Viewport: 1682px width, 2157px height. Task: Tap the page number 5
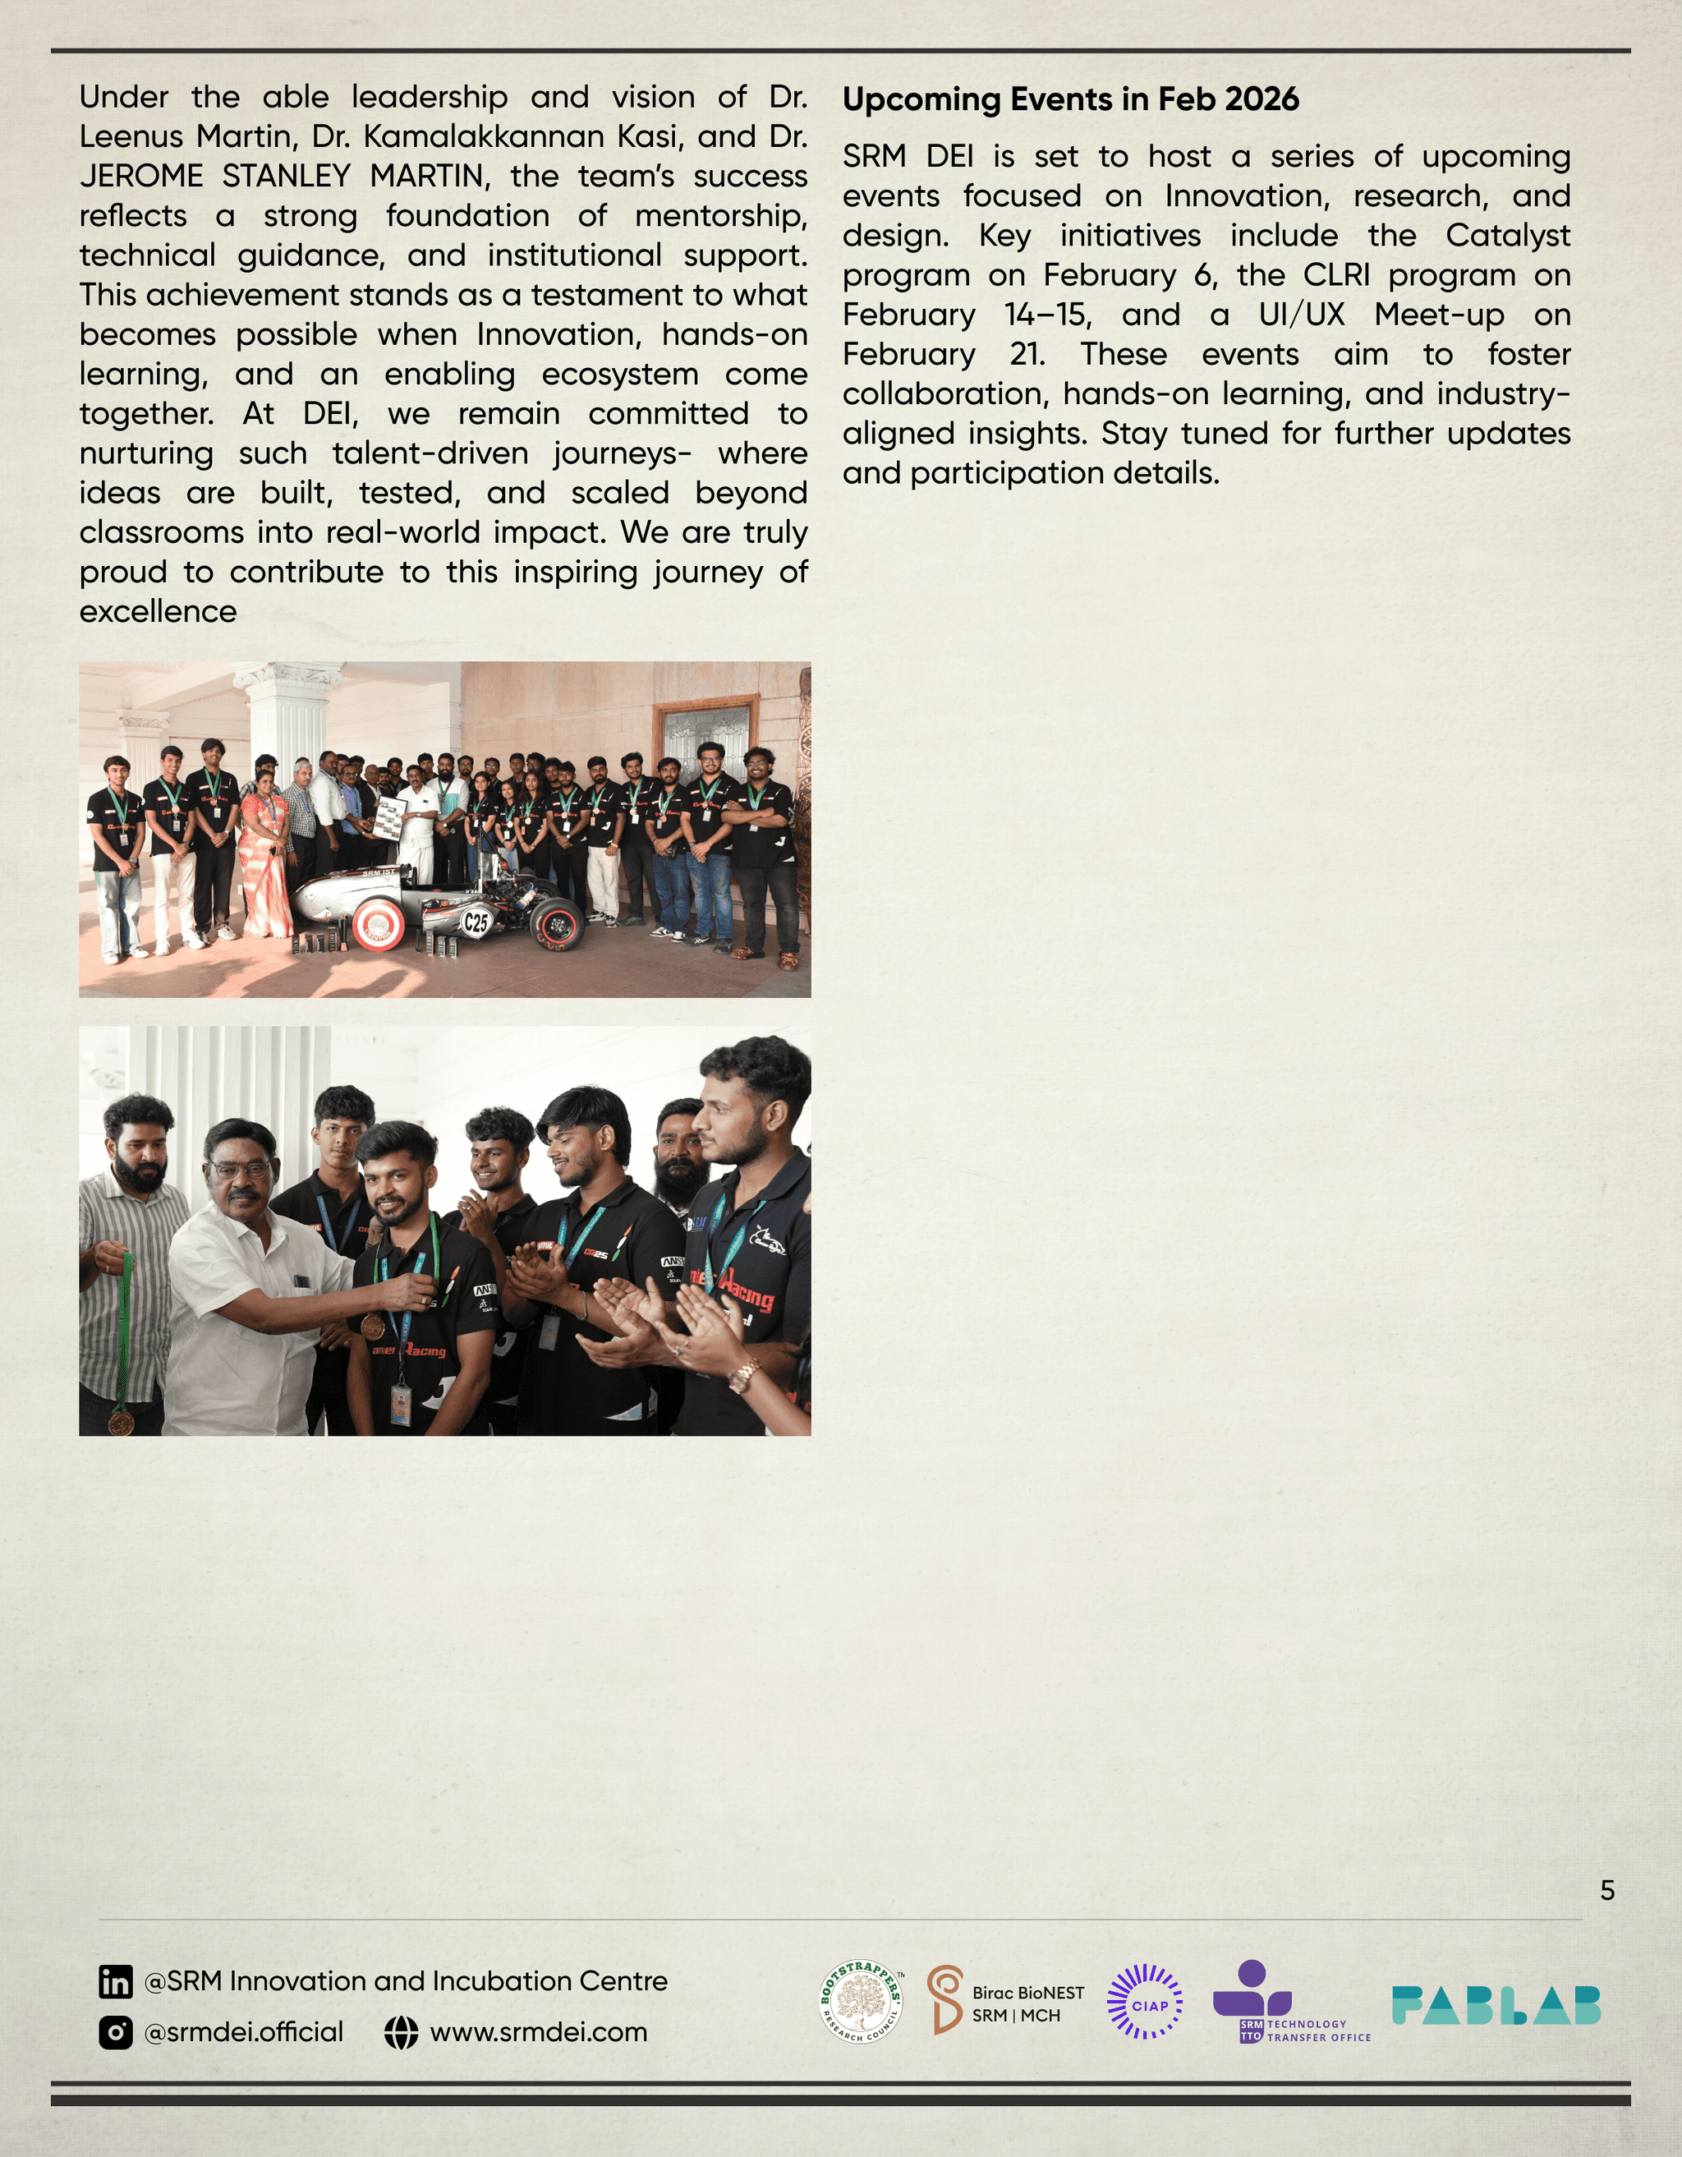tap(1607, 1890)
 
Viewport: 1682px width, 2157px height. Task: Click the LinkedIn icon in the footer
tap(116, 1981)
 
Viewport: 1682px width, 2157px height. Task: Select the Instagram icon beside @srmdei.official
tap(116, 2032)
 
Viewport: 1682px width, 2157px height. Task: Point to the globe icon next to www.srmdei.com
tap(401, 2032)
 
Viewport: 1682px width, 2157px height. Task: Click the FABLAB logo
tap(1496, 2005)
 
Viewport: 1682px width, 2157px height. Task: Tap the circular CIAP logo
tap(1145, 2002)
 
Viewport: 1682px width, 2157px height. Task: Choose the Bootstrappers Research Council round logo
tap(862, 2002)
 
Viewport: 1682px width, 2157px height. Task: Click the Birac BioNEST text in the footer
tap(1027, 1993)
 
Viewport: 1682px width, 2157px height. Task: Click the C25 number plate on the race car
tap(476, 922)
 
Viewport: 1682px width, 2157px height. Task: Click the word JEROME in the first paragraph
tap(140, 176)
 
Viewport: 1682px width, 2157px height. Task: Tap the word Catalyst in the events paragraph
tap(1507, 236)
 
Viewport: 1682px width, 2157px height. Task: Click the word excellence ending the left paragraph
tap(158, 612)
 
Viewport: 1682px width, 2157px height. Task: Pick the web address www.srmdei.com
tap(538, 2032)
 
